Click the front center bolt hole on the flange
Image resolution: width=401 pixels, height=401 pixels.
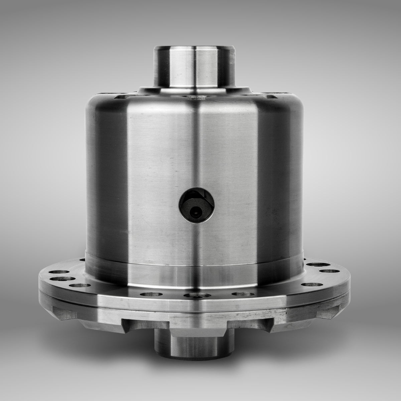pos(195,295)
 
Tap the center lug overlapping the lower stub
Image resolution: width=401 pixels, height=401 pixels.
pos(195,329)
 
